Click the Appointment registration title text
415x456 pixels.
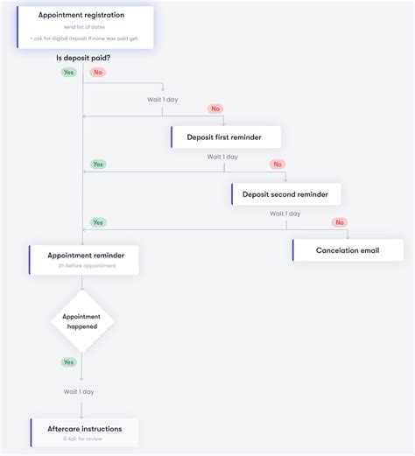point(81,15)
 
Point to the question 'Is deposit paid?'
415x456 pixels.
point(83,58)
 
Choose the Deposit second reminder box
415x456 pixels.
point(285,194)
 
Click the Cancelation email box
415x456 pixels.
point(348,250)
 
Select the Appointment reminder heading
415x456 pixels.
point(86,256)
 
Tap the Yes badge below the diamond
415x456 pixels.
point(68,361)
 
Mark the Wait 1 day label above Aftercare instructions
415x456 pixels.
point(79,391)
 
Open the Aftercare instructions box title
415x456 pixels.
point(84,429)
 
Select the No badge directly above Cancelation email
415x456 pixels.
point(340,222)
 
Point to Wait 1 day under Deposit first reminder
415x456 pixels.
point(222,157)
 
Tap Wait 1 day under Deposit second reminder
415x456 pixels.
point(285,214)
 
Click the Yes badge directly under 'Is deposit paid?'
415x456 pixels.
point(68,72)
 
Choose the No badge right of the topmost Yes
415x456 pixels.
point(97,72)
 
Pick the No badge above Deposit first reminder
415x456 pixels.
point(215,109)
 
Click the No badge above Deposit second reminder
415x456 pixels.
point(278,165)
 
